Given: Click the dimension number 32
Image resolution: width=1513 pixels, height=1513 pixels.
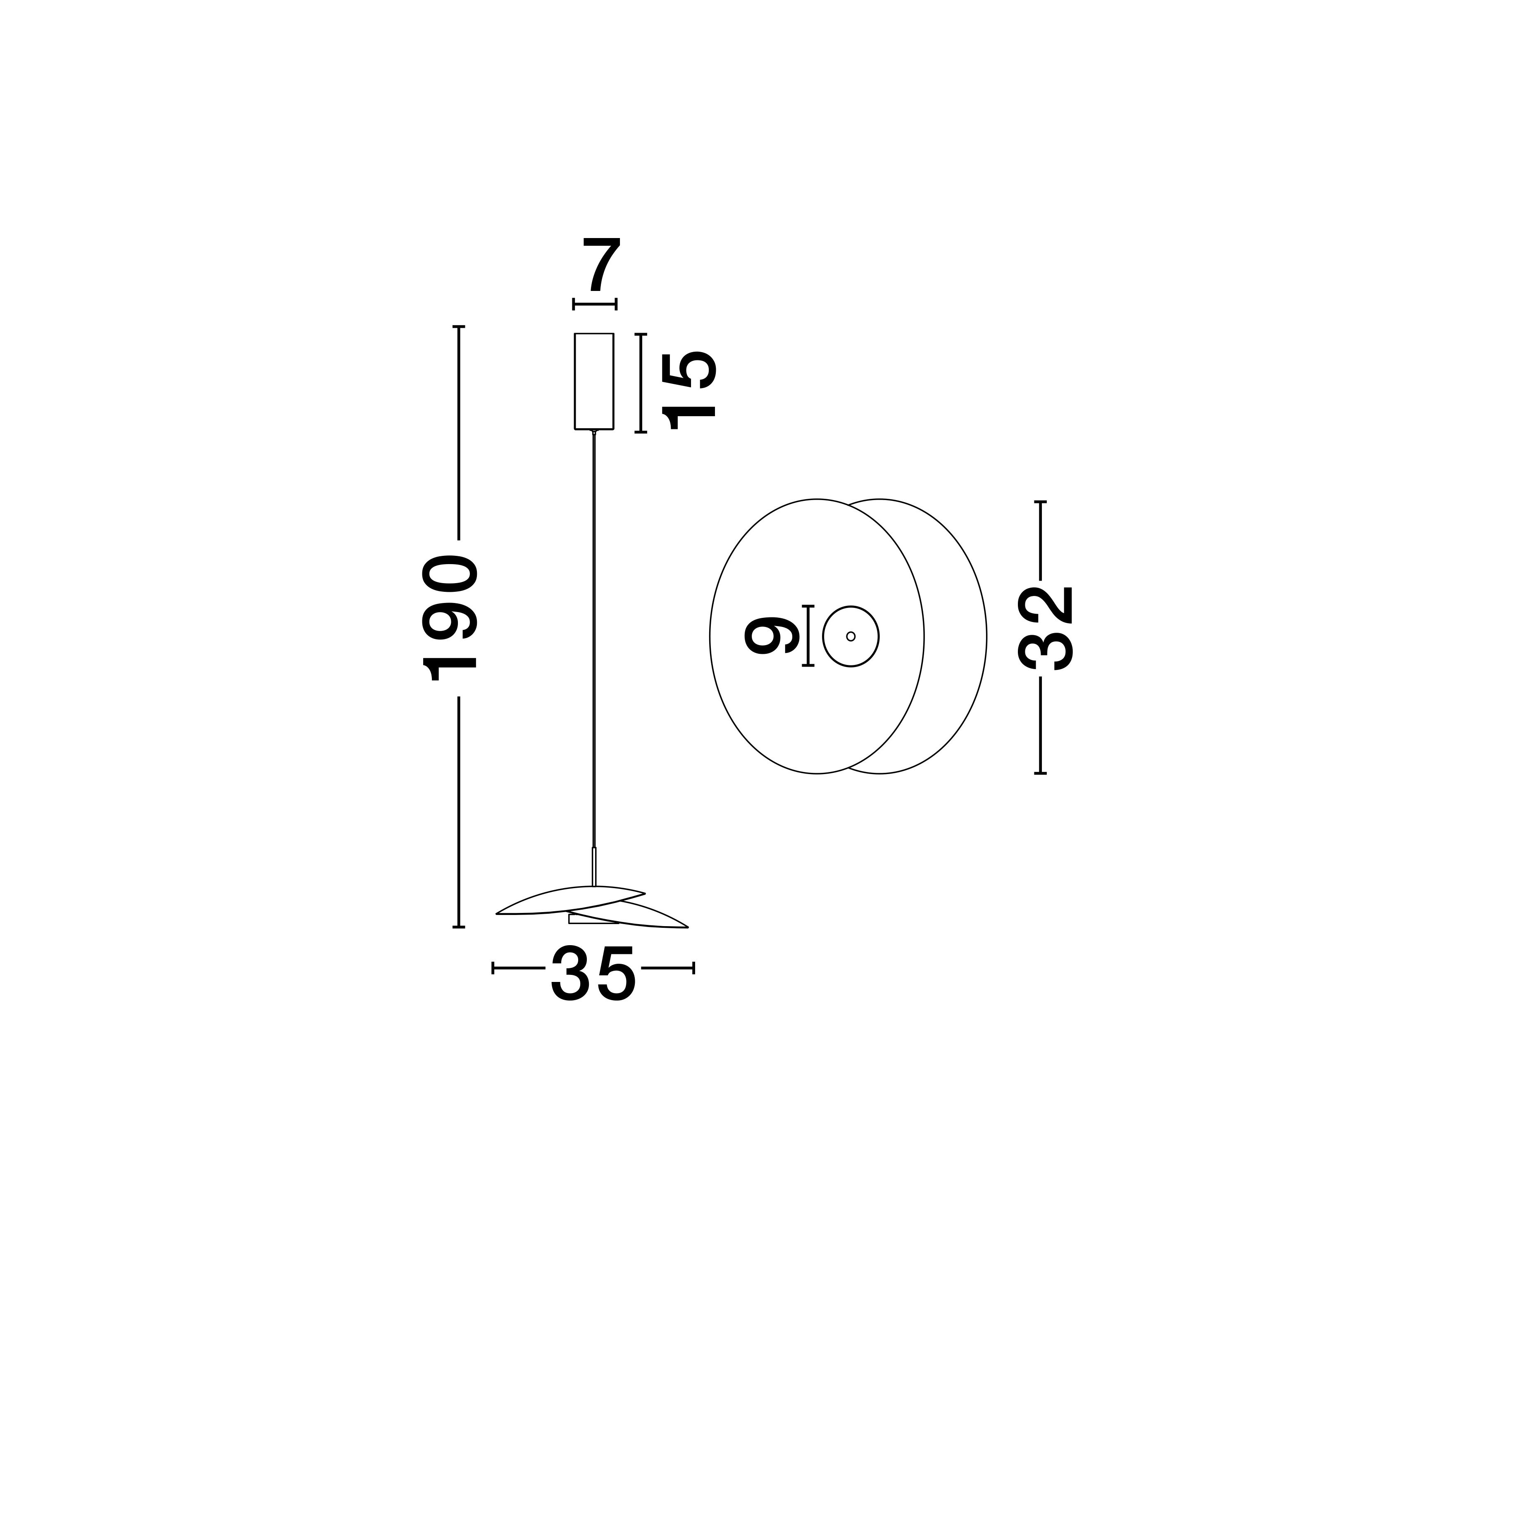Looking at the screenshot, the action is [x=1046, y=628].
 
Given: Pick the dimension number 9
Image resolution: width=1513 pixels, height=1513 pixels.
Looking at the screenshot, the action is [x=772, y=635].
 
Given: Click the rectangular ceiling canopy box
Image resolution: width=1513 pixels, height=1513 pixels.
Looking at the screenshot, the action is [x=593, y=381].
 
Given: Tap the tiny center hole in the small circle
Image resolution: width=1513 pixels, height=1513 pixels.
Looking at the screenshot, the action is [x=851, y=636].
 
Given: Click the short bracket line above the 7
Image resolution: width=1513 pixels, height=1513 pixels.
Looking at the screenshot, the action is [x=594, y=304].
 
